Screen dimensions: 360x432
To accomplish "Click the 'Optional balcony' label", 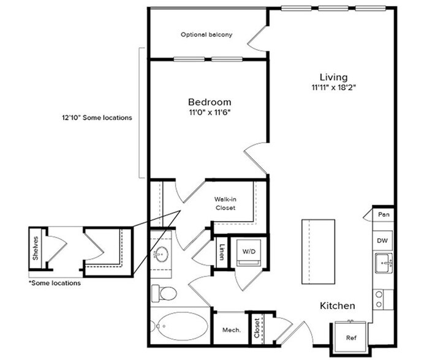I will tap(206, 35).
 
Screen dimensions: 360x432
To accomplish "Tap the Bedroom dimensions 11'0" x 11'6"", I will tap(209, 113).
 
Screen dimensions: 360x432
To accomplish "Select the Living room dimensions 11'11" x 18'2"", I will tap(333, 88).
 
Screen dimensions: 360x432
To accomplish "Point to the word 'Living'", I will tap(333, 77).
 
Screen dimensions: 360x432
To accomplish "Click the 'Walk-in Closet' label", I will tap(225, 204).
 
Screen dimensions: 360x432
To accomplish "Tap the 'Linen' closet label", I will tap(221, 251).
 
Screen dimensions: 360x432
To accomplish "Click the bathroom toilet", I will tap(163, 293).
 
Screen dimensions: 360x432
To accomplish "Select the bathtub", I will tap(180, 327).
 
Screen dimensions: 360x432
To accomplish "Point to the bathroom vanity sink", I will tap(162, 254).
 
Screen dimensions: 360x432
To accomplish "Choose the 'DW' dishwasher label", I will tap(382, 241).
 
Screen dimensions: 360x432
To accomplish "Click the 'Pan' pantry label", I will tap(383, 215).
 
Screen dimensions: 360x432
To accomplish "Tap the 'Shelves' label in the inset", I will tap(36, 248).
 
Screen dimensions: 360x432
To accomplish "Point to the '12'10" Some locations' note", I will tap(97, 118).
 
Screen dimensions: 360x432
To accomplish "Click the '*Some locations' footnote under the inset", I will tap(55, 283).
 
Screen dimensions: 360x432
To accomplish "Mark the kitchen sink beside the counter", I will tap(384, 263).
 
